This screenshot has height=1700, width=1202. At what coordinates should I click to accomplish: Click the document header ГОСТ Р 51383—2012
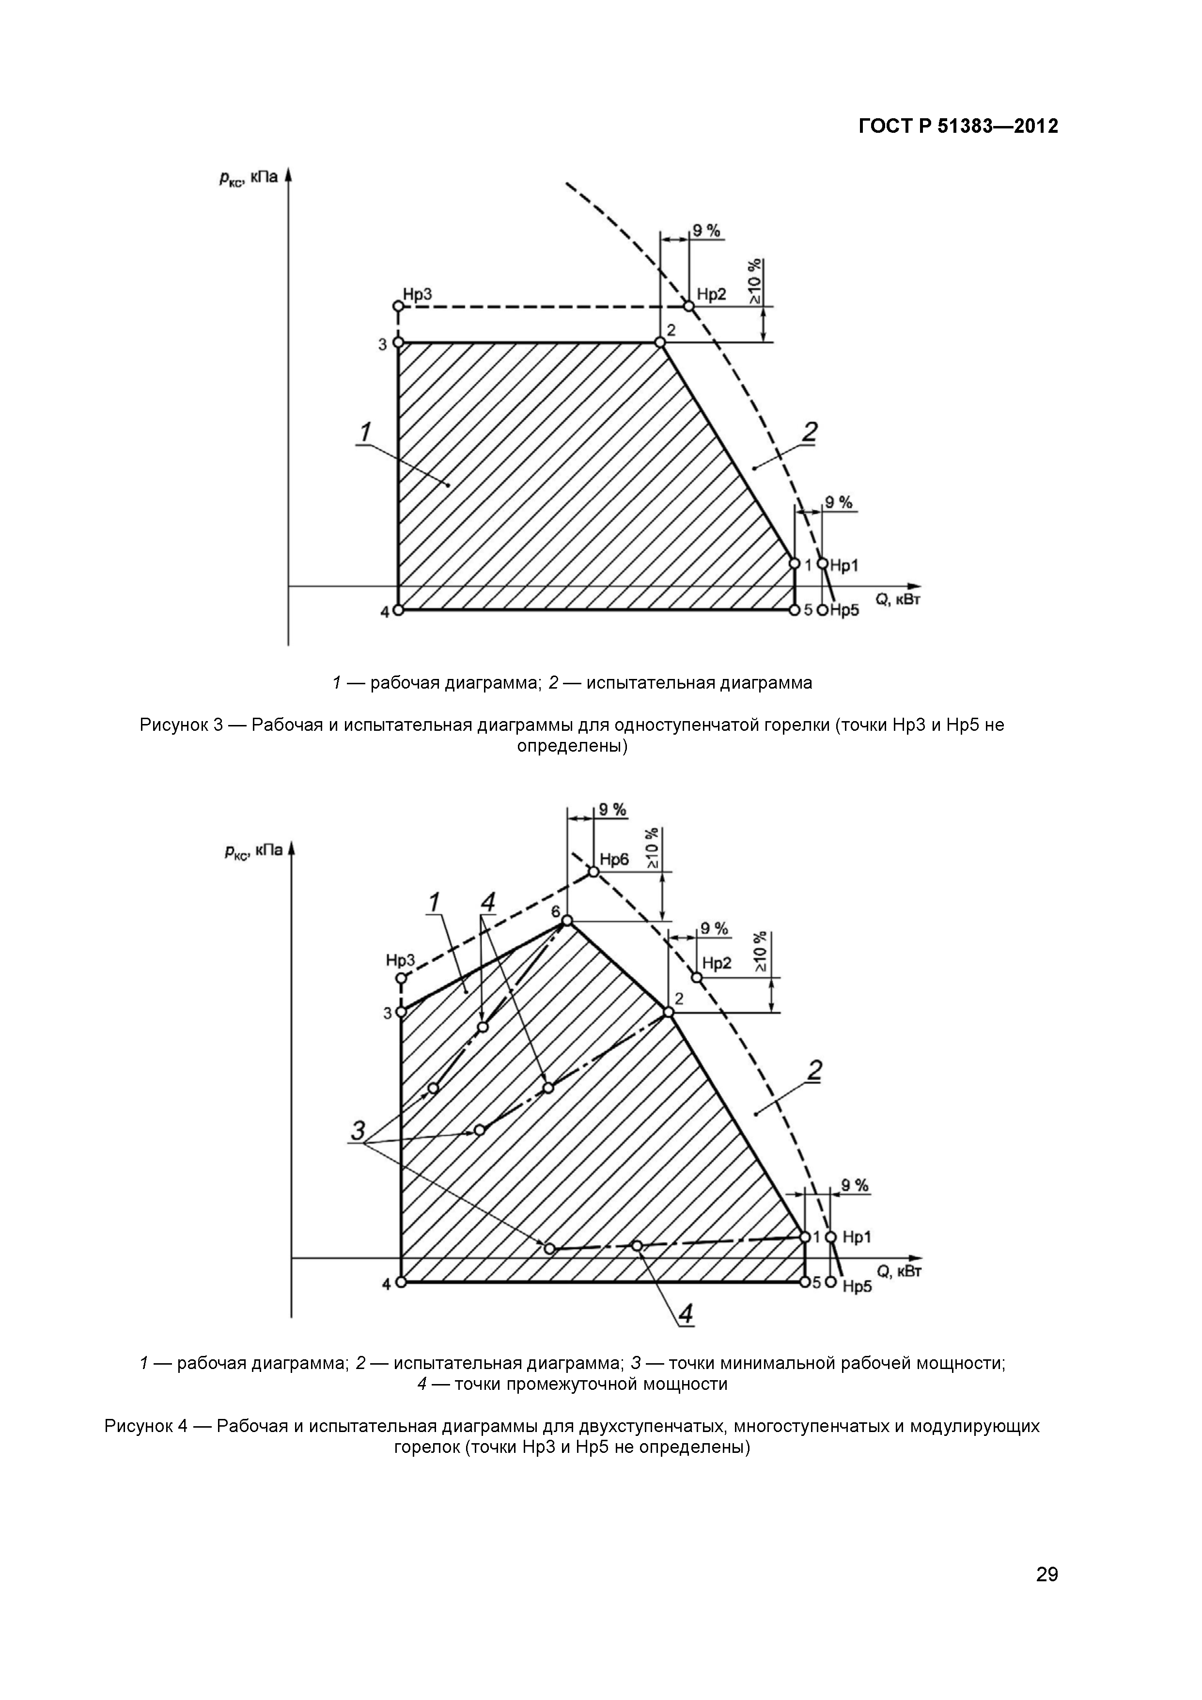[x=958, y=126]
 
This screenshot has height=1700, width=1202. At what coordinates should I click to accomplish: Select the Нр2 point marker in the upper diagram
[x=688, y=306]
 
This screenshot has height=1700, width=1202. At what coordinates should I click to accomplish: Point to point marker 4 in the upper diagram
[x=398, y=610]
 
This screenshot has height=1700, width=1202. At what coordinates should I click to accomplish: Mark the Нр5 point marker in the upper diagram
[x=822, y=610]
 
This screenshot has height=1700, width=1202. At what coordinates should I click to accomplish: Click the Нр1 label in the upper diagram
[x=844, y=565]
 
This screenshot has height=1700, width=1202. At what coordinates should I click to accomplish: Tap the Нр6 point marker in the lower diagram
[x=593, y=871]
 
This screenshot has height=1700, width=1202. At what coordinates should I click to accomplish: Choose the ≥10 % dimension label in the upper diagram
[x=754, y=282]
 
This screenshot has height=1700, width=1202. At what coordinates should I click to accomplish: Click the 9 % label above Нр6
[x=612, y=809]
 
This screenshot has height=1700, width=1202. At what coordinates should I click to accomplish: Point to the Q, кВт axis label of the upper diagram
[x=898, y=600]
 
